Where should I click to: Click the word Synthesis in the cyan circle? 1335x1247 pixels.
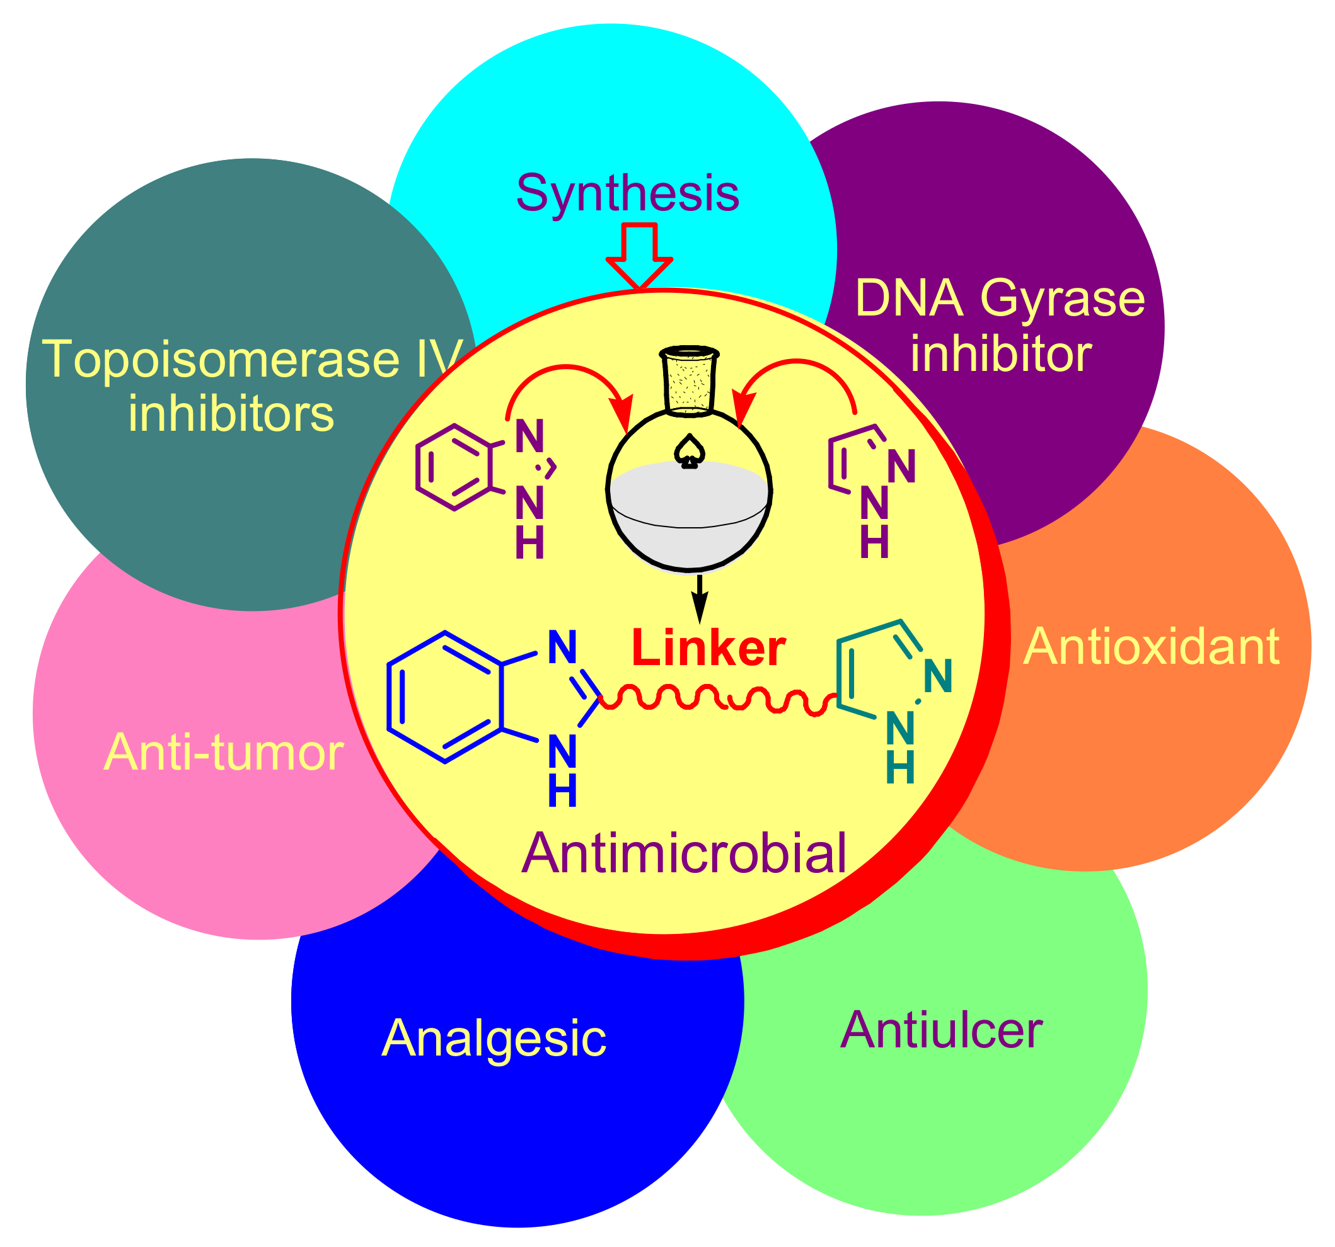point(627,193)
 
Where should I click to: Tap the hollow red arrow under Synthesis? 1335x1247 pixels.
point(639,258)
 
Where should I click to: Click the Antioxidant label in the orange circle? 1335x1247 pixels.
point(1151,647)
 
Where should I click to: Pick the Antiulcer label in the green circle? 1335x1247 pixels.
point(941,1030)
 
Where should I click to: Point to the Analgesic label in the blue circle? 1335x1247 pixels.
point(494,1039)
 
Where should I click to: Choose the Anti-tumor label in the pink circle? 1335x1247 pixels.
point(224,753)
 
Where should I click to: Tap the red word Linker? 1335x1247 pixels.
point(708,648)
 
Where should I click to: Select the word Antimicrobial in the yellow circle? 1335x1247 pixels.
point(684,854)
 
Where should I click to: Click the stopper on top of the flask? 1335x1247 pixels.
point(689,380)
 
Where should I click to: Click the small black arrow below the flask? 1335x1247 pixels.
point(700,599)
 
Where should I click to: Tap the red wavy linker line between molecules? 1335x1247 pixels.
point(719,700)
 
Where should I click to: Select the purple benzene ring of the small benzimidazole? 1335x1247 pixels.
point(454,468)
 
